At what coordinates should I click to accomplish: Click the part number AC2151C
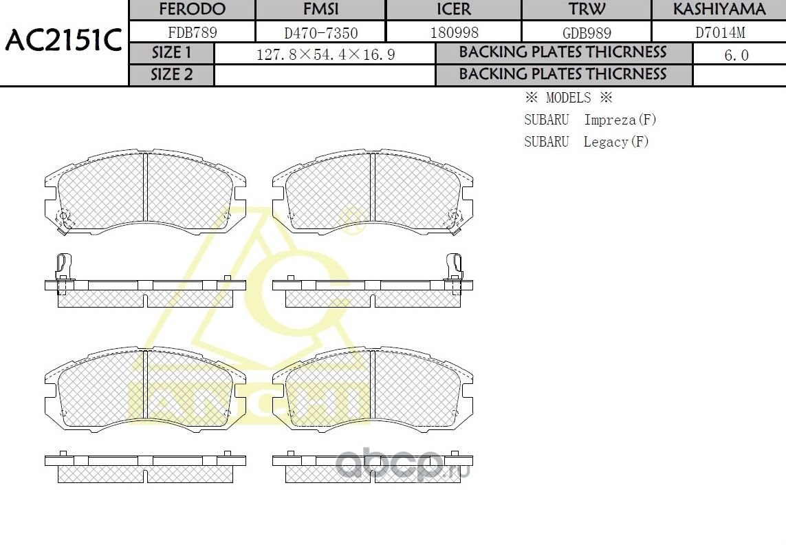pyautogui.click(x=63, y=42)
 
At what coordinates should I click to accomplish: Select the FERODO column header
pyautogui.click(x=192, y=10)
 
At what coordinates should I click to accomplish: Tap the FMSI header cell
pyautogui.click(x=320, y=10)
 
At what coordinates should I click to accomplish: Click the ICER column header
pyautogui.click(x=453, y=10)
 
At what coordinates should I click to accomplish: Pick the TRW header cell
pyautogui.click(x=587, y=10)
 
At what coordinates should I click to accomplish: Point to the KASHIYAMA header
pyautogui.click(x=719, y=10)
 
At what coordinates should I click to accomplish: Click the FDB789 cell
pyautogui.click(x=192, y=32)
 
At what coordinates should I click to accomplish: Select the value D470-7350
pyautogui.click(x=320, y=32)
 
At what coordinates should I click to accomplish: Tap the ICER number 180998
pyautogui.click(x=454, y=32)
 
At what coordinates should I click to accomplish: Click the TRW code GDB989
pyautogui.click(x=587, y=32)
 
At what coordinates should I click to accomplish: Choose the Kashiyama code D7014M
pyautogui.click(x=719, y=32)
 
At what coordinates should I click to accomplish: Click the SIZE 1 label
pyautogui.click(x=172, y=53)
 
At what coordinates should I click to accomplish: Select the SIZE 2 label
pyautogui.click(x=172, y=74)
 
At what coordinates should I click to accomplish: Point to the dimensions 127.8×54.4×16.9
pyautogui.click(x=325, y=54)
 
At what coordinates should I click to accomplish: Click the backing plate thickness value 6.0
pyautogui.click(x=736, y=55)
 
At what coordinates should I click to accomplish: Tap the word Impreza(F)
pyautogui.click(x=620, y=120)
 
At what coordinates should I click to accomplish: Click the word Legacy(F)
pyautogui.click(x=616, y=142)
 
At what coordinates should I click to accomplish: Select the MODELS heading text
pyautogui.click(x=568, y=98)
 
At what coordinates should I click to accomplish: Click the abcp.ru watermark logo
pyautogui.click(x=402, y=465)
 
